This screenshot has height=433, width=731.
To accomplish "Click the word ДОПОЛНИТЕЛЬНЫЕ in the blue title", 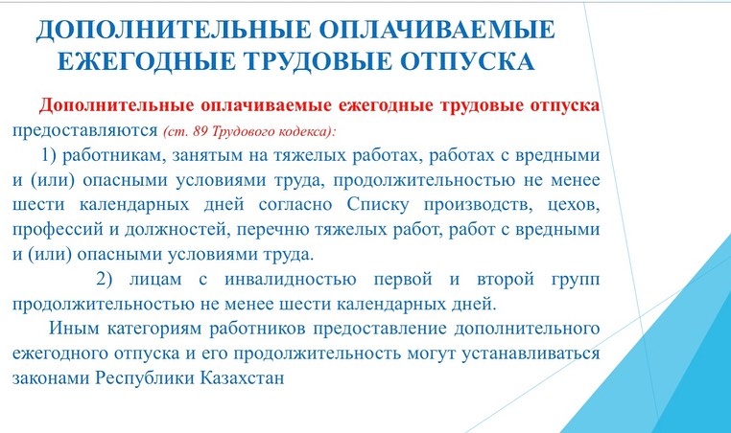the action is pyautogui.click(x=173, y=30).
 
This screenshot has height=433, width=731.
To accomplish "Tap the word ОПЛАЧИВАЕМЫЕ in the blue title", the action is pyautogui.click(x=436, y=30).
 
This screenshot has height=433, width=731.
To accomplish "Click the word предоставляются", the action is pyautogui.click(x=84, y=131).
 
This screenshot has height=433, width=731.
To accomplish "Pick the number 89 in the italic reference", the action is pyautogui.click(x=200, y=131).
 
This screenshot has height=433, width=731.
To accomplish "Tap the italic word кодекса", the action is pyautogui.click(x=306, y=131).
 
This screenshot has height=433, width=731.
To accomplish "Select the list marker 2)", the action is pyautogui.click(x=105, y=279).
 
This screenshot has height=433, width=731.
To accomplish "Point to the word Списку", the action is pyautogui.click(x=378, y=205).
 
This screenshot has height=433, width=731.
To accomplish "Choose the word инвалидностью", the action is pyautogui.click(x=291, y=280).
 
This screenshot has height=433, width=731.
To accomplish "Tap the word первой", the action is pyautogui.click(x=403, y=279).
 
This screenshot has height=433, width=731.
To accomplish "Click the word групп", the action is pyautogui.click(x=576, y=280).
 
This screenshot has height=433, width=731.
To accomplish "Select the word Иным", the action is pyautogui.click(x=74, y=329).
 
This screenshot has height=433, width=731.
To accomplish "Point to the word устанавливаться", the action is pyautogui.click(x=531, y=353).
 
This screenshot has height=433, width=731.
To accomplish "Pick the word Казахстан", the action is pyautogui.click(x=243, y=377).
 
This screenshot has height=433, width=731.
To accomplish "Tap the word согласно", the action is pyautogui.click(x=295, y=205).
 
